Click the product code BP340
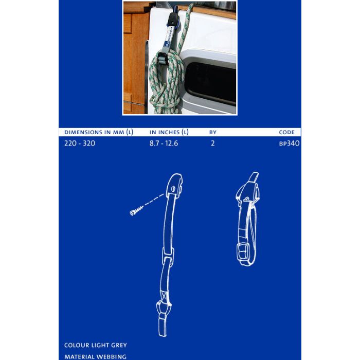289,143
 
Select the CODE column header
286,132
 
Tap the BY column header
213,132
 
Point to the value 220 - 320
80,143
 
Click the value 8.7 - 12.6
164,143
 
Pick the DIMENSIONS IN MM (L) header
99,132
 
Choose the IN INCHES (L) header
169,132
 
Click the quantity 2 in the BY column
212,143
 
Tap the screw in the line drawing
136,211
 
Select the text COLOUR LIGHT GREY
96,345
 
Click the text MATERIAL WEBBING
95,356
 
